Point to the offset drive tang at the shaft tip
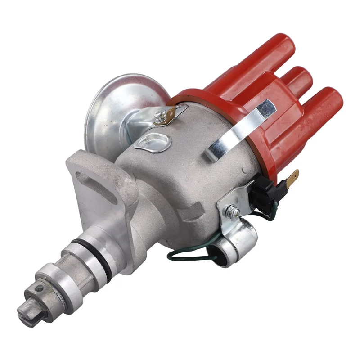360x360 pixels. tap(25, 310)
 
